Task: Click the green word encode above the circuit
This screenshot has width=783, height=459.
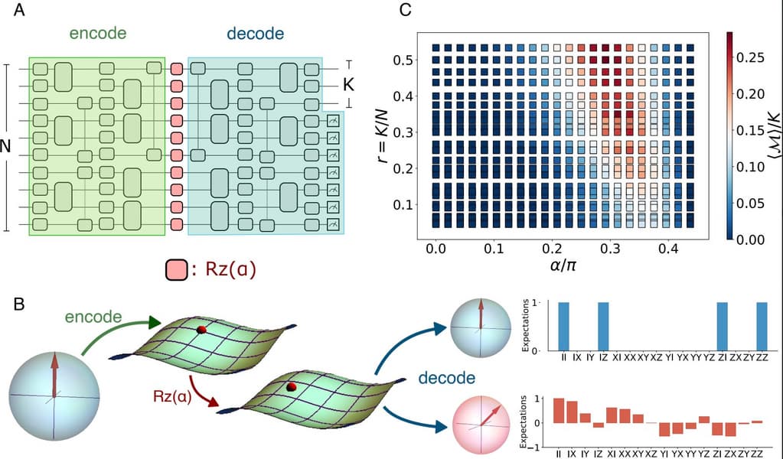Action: coord(97,34)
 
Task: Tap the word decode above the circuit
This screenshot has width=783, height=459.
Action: coord(255,34)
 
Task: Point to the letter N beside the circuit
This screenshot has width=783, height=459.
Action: coord(6,147)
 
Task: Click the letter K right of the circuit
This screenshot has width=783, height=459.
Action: coord(349,85)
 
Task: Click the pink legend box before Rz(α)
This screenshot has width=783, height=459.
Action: coord(176,270)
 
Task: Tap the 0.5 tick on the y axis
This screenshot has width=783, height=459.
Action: coord(403,59)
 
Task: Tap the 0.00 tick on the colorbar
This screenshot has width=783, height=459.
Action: coord(756,239)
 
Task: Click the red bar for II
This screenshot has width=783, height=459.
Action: coord(560,410)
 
